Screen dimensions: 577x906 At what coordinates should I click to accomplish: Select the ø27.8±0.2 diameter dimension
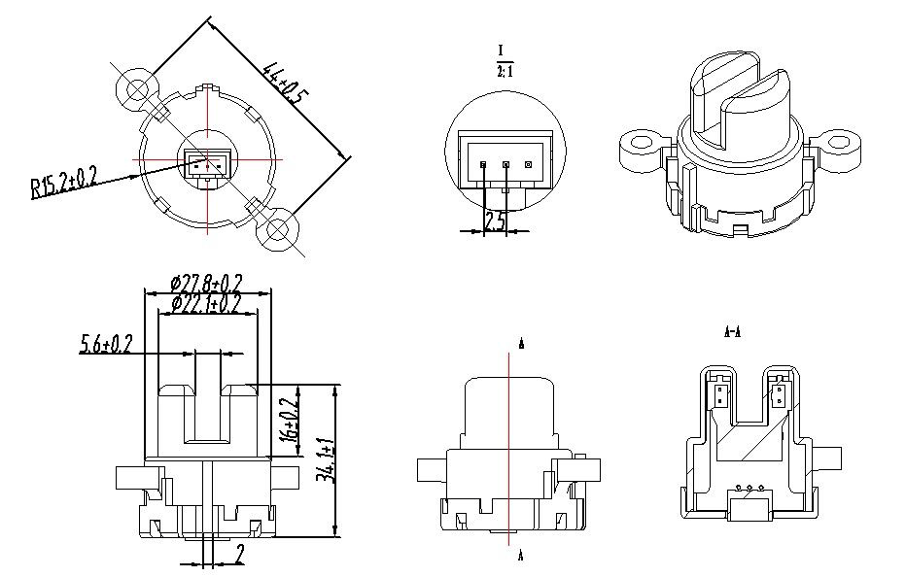point(205,284)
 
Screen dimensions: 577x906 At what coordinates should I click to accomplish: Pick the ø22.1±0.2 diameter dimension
point(205,304)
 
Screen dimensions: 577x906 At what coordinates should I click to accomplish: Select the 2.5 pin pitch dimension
point(495,221)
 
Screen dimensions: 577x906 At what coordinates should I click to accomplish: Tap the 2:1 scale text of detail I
point(504,71)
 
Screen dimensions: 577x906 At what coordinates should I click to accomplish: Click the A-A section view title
point(733,332)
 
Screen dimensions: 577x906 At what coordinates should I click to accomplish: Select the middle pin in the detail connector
point(505,164)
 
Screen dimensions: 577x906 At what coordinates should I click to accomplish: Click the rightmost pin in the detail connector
point(528,164)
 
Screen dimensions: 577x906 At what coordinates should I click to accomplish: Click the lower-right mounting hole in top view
point(278,231)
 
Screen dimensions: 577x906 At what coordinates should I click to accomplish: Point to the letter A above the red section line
point(522,344)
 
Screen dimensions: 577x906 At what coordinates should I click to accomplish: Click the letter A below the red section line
point(522,557)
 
